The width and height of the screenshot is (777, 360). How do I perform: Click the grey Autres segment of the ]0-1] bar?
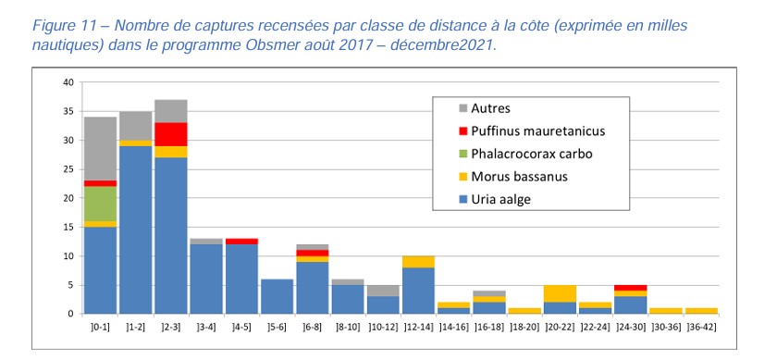pyautogui.click(x=100, y=148)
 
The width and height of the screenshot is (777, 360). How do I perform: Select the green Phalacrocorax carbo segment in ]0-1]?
pyautogui.click(x=100, y=204)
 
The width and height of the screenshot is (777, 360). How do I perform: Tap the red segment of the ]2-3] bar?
pyautogui.click(x=170, y=134)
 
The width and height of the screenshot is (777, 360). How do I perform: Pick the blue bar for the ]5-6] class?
pyautogui.click(x=276, y=296)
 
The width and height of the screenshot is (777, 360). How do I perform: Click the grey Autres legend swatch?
pyautogui.click(x=462, y=108)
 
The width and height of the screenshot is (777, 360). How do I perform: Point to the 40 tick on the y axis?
pyautogui.click(x=67, y=83)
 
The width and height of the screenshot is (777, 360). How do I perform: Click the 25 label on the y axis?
pyautogui.click(x=67, y=169)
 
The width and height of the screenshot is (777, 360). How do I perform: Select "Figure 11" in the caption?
pyautogui.click(x=34, y=26)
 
